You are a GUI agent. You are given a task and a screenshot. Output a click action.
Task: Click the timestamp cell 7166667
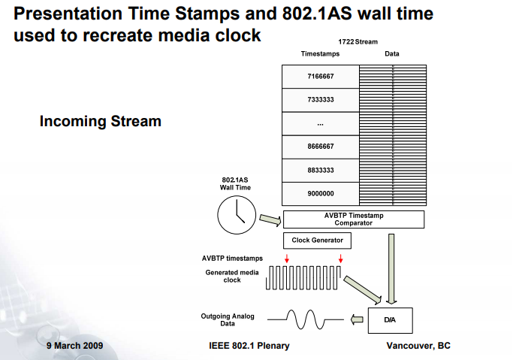[321, 77]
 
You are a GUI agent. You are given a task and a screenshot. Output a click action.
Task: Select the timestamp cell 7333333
[321, 100]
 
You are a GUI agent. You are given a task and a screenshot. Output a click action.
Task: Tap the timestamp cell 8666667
[321, 147]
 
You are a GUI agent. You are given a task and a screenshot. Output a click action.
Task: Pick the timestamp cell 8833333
[321, 171]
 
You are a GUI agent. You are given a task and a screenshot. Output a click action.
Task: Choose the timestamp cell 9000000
[321, 194]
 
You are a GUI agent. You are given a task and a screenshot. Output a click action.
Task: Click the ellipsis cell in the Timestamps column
[321, 123]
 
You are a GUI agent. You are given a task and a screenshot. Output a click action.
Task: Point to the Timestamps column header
[321, 54]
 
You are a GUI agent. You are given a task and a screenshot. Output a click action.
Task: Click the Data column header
[392, 54]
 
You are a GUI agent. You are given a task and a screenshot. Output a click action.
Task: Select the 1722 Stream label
[358, 42]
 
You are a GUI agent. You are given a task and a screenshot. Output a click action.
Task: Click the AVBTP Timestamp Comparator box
[353, 219]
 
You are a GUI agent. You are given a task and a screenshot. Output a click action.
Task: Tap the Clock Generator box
[317, 241]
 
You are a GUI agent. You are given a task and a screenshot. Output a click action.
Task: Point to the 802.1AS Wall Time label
[236, 183]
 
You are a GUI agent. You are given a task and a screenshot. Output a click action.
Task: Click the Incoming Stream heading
[100, 121]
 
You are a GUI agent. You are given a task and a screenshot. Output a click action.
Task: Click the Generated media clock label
[232, 276]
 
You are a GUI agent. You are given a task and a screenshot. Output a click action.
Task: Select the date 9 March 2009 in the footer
[74, 346]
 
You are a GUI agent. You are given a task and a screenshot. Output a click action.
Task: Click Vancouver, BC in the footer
[418, 346]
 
